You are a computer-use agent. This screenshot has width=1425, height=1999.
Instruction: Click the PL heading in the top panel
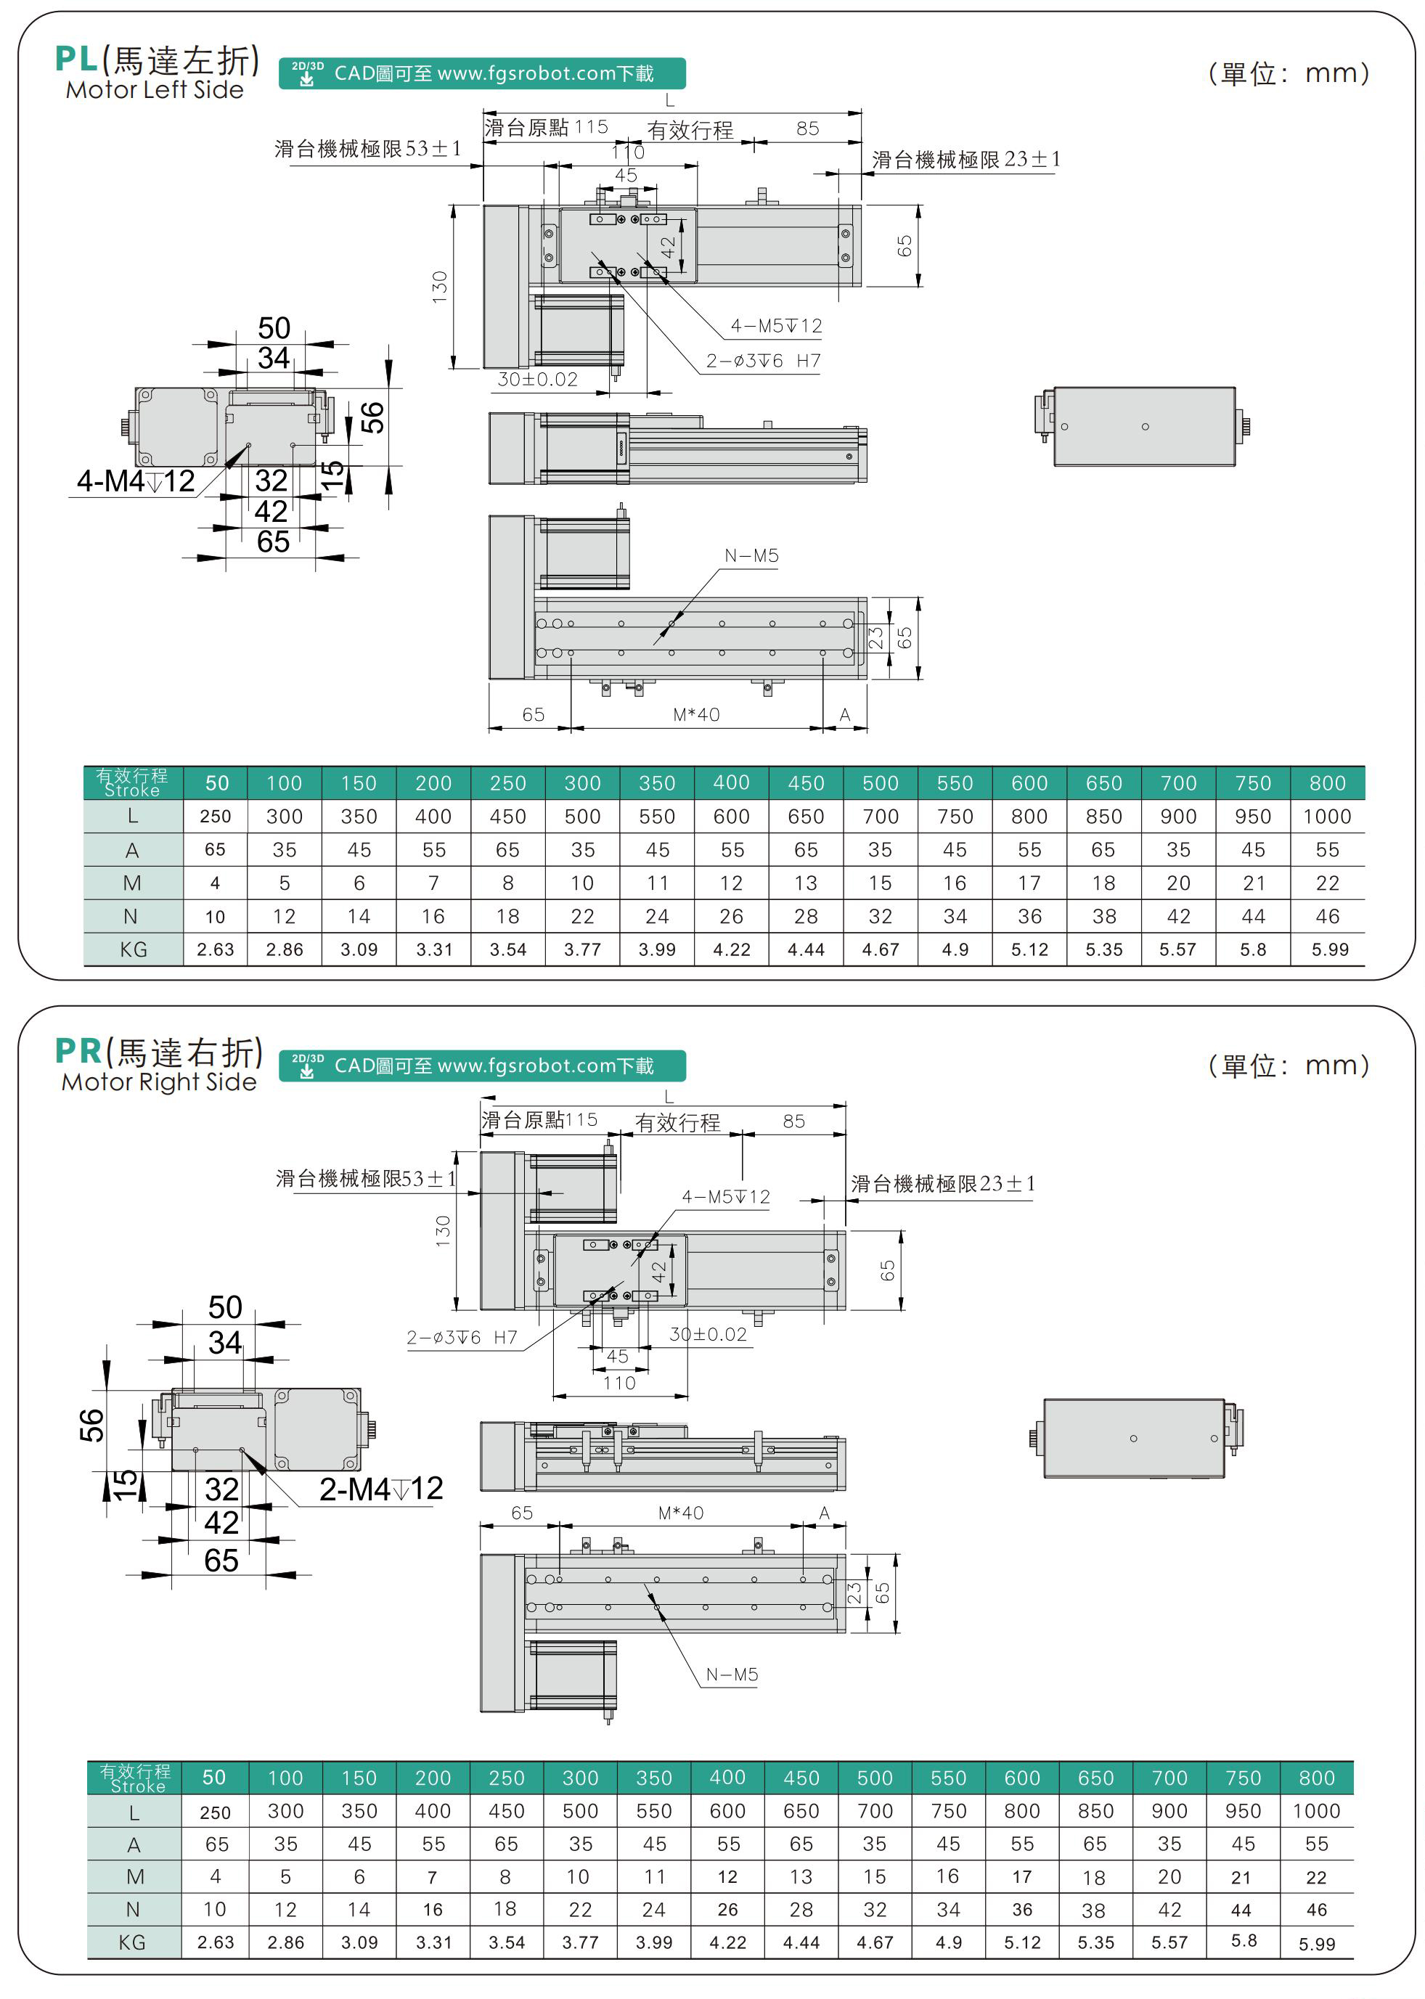tap(76, 59)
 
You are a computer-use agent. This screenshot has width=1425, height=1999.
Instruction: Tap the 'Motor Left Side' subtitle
tap(155, 89)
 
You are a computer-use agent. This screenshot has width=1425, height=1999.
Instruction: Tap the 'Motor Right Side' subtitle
tap(159, 1082)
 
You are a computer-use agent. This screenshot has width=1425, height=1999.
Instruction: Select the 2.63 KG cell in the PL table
tap(215, 949)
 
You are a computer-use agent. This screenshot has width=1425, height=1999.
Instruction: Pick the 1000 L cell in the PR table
tap(1315, 1810)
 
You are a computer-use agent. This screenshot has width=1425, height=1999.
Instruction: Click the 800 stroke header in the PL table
tap(1327, 782)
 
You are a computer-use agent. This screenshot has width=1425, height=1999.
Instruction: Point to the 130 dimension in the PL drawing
tap(440, 287)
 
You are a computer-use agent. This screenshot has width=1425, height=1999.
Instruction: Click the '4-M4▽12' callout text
tap(136, 481)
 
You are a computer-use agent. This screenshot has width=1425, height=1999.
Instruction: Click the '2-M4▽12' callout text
tap(381, 1489)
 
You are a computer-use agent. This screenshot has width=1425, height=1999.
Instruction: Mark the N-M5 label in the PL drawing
tap(751, 555)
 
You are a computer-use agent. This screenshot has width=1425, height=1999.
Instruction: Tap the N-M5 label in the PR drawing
tap(732, 1675)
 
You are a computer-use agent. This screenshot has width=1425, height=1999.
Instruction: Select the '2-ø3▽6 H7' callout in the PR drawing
tap(462, 1337)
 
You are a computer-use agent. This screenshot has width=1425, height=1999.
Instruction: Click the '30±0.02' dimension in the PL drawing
tap(537, 379)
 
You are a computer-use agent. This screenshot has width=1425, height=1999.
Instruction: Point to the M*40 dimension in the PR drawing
tap(680, 1512)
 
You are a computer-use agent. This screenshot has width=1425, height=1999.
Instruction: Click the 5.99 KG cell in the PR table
tap(1316, 1944)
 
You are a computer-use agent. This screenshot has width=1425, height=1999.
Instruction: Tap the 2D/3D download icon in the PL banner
tap(307, 74)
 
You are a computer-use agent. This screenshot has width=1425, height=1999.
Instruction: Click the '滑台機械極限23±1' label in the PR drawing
tap(942, 1183)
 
